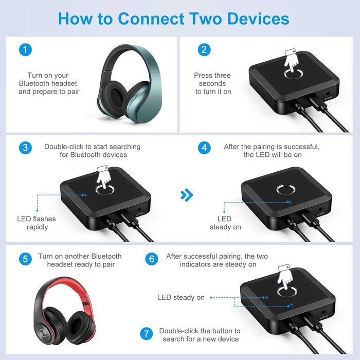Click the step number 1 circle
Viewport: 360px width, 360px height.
pos(25,50)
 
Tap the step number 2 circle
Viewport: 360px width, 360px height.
pos(205,50)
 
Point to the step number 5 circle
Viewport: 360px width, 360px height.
pos(25,259)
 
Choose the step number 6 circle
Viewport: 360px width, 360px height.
pos(151,259)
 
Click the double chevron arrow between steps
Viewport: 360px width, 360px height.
pos(187,195)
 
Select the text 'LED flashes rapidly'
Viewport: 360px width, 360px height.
pos(37,223)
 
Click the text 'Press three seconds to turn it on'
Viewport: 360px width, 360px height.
pos(213,83)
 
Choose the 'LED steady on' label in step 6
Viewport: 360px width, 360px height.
pos(181,297)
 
